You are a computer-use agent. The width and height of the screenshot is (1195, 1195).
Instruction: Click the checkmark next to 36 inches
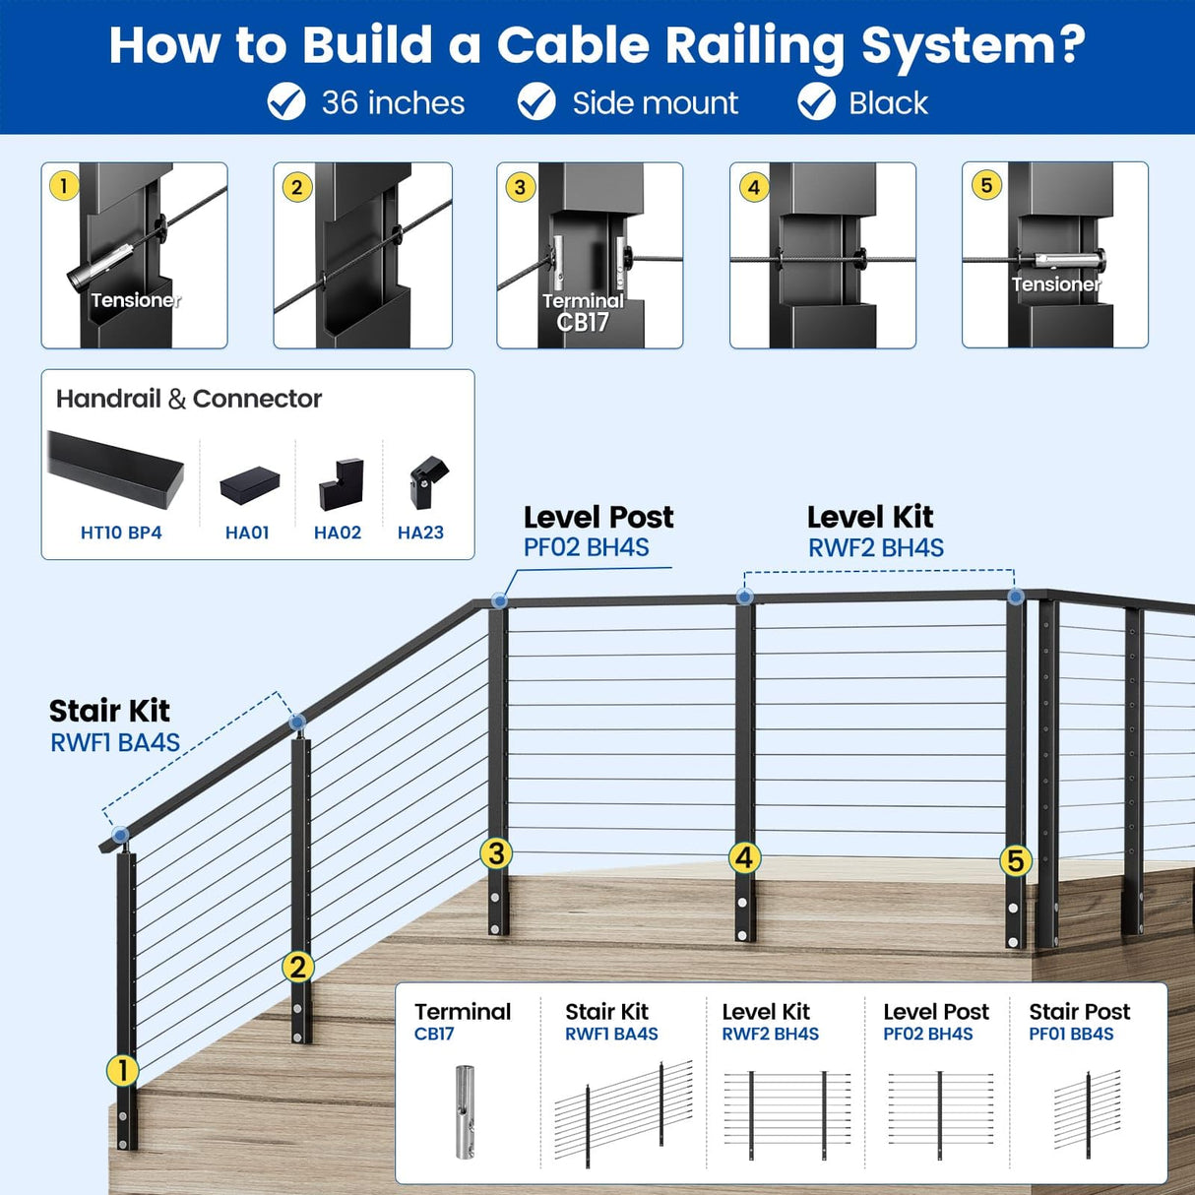click(286, 101)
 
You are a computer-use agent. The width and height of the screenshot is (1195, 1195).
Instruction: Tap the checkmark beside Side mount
click(536, 101)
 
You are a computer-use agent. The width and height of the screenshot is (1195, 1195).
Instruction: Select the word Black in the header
click(888, 102)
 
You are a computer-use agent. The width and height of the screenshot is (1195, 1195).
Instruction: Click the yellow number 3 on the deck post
click(496, 853)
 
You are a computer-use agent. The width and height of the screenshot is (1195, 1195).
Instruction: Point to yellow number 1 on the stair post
click(122, 1070)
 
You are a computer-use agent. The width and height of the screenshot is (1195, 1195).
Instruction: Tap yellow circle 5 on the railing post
click(1015, 861)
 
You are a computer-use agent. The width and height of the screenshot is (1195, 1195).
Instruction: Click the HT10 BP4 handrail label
click(121, 533)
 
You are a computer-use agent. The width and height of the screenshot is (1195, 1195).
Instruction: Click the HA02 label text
click(338, 533)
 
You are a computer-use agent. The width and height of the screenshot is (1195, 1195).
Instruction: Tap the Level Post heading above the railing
click(598, 517)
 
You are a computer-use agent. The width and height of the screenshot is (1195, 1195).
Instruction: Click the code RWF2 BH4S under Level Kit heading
click(875, 548)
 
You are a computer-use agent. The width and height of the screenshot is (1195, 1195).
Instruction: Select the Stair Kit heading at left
click(109, 711)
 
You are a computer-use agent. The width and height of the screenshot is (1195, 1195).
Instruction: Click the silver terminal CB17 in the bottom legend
click(464, 1111)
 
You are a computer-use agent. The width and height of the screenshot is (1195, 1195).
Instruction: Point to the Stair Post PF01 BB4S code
click(1071, 1035)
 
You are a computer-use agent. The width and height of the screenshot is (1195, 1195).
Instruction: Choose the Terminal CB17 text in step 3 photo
click(583, 311)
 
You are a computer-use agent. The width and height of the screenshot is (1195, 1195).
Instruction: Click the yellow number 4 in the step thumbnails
click(754, 187)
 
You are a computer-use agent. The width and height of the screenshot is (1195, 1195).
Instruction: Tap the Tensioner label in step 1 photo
click(135, 300)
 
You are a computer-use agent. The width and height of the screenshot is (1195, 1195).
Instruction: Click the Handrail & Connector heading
click(189, 399)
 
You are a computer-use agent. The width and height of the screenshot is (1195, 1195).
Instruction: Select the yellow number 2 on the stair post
click(297, 967)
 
